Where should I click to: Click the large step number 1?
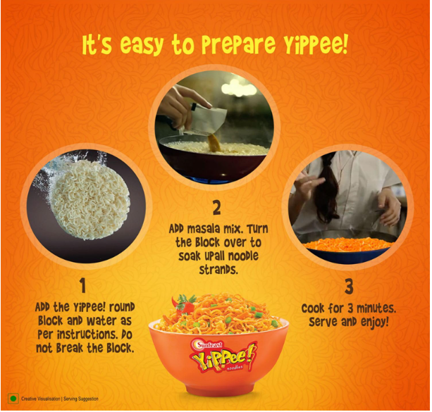tap(83, 286)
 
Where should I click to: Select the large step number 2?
tap(217, 208)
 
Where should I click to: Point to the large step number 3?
tap(349, 287)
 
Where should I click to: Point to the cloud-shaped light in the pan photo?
tap(239, 87)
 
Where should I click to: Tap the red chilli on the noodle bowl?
tap(182, 305)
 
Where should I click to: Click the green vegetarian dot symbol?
tap(13, 399)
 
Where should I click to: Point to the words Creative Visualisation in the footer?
tap(41, 399)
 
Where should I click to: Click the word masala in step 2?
tap(204, 229)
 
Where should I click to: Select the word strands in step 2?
tap(218, 270)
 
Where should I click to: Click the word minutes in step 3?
tap(376, 308)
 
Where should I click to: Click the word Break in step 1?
tap(70, 349)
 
